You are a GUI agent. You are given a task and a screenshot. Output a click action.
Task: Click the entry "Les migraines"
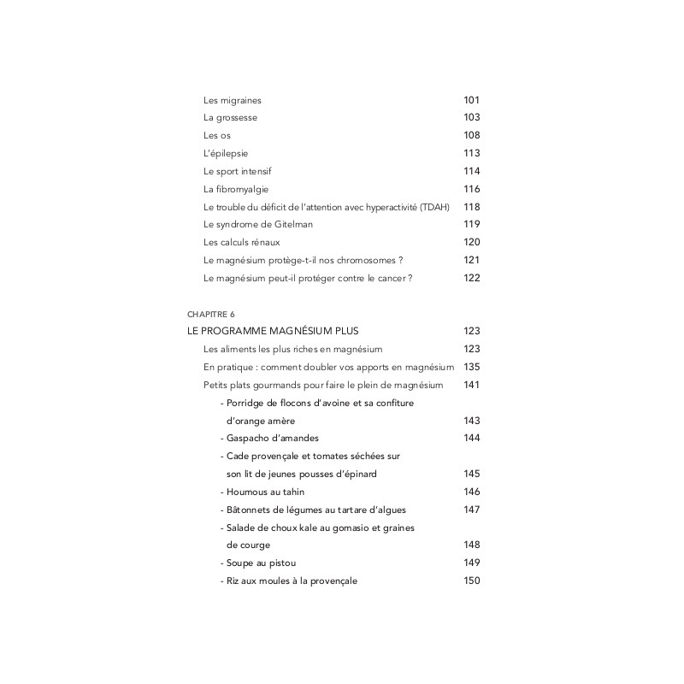point(232,100)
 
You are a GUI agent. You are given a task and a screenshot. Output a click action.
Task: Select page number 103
point(471,117)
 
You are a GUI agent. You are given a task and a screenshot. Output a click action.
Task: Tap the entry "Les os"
point(217,135)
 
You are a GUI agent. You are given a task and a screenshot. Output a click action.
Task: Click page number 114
point(471,171)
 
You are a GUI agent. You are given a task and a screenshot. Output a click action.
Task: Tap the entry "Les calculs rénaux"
point(242,242)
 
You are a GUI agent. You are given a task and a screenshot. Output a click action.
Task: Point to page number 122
point(471,278)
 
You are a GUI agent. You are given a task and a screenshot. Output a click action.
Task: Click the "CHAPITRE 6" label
point(210,314)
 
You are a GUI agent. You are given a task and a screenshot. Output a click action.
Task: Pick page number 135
point(471,367)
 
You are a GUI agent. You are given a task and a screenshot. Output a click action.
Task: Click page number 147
point(471,510)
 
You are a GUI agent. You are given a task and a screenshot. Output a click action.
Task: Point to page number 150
point(471,581)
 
